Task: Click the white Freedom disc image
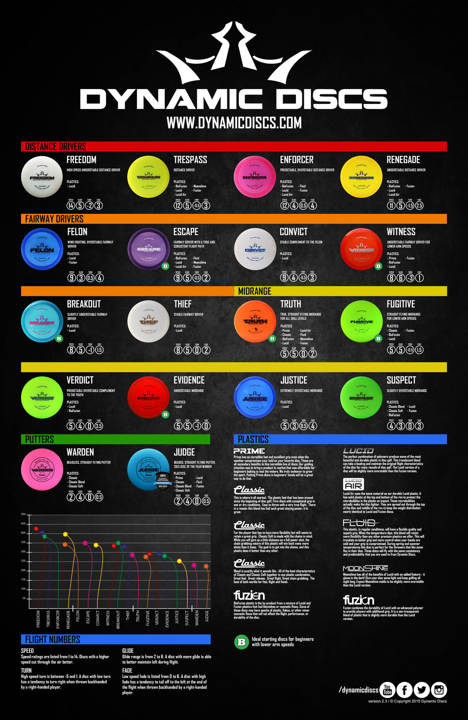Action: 42,177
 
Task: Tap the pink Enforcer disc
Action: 255,177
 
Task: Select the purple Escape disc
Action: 148,249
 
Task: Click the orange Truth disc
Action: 255,322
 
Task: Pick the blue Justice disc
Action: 255,398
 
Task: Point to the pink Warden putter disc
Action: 42,469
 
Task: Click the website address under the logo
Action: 234,123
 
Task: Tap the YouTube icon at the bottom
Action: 387,690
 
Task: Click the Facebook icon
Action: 404,690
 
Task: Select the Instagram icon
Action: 439,690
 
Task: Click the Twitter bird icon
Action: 421,690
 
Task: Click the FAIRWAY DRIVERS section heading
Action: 54,219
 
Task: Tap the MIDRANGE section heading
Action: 255,291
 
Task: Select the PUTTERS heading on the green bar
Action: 40,439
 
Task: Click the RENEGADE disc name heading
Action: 403,160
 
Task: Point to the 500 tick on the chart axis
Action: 23,514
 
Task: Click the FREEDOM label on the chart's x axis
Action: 38,619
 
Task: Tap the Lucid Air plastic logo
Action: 353,484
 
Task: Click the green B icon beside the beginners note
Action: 241,642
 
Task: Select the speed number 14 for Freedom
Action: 71,205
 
